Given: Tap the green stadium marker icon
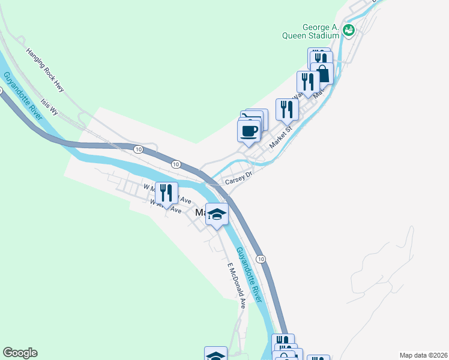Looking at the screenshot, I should [349, 29].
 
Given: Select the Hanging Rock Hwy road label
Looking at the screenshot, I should [45, 70].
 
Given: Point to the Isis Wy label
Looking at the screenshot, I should [49, 107].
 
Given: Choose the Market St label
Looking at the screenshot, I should [281, 137].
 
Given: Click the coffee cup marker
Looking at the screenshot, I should [249, 131].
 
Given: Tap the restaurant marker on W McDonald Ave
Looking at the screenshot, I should [167, 193].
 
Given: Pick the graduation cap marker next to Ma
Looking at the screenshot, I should [217, 214].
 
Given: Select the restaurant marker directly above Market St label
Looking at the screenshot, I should [287, 109].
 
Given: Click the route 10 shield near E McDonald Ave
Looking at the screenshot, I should [260, 258].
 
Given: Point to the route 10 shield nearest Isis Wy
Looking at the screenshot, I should [138, 149].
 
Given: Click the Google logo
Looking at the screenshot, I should [20, 353].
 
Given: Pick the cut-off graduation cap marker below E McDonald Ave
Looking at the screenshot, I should [215, 354].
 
